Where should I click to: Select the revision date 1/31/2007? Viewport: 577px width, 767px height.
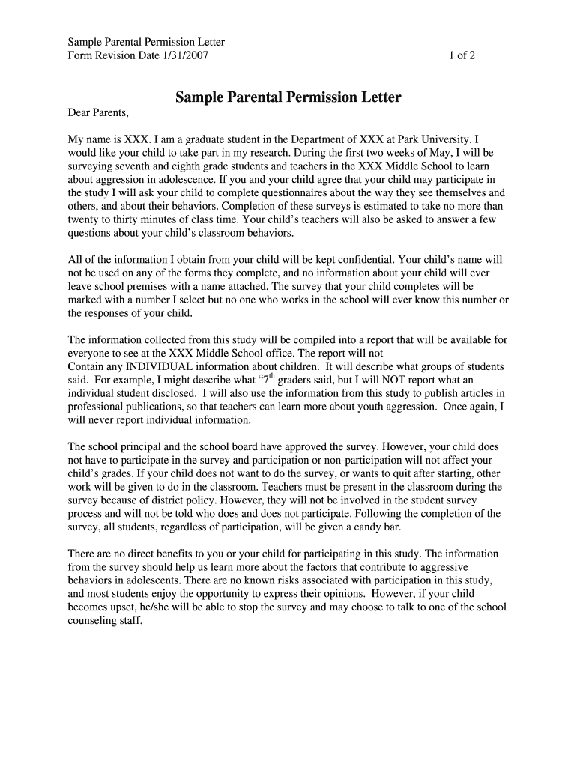(x=184, y=55)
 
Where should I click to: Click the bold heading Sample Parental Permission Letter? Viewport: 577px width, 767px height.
(x=288, y=98)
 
